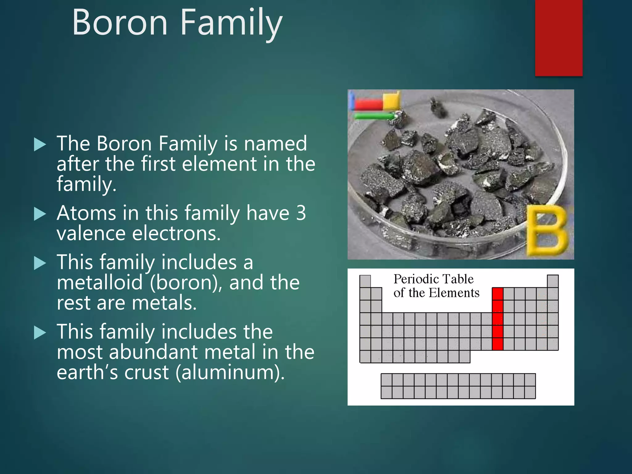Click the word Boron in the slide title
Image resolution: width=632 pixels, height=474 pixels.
point(120,23)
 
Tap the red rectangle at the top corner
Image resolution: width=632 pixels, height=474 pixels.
point(559,38)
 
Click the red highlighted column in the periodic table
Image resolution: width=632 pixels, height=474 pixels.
point(497,319)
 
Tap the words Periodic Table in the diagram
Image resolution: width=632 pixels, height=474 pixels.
point(433,279)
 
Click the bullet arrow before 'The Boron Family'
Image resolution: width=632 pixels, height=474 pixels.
point(40,144)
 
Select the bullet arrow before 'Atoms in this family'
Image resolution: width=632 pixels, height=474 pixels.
point(40,214)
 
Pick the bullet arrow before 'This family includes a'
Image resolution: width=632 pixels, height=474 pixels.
point(40,263)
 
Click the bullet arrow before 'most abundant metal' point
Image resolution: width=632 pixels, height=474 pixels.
point(40,333)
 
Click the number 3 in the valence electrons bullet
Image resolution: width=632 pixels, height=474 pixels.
point(301,213)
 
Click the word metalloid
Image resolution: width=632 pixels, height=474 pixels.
point(100,283)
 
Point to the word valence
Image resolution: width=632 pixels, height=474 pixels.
point(92,233)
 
